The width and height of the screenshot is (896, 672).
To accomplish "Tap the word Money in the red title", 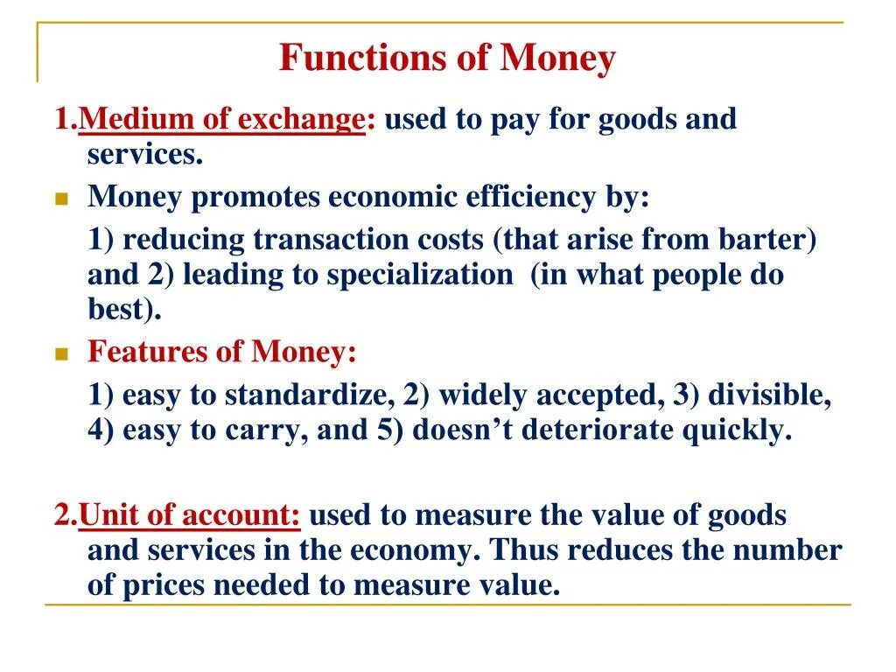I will point(557,59).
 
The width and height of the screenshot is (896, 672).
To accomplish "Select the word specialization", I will point(420,275).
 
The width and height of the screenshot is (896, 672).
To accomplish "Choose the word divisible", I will point(768,395).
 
